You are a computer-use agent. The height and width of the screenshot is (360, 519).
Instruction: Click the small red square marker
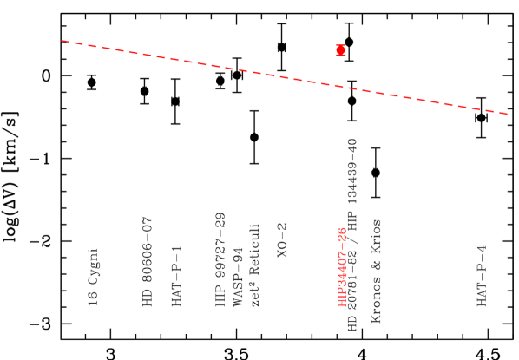tap(341, 50)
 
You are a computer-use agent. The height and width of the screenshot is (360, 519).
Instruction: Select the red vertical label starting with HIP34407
tap(342, 266)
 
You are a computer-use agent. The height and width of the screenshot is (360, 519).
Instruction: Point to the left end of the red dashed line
tap(62, 40)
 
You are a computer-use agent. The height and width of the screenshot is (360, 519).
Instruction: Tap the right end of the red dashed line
tap(508, 114)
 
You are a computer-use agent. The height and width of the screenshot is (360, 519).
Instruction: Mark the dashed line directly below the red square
tap(341, 86)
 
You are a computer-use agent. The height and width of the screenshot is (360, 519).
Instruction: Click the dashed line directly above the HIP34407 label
tap(342, 86)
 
